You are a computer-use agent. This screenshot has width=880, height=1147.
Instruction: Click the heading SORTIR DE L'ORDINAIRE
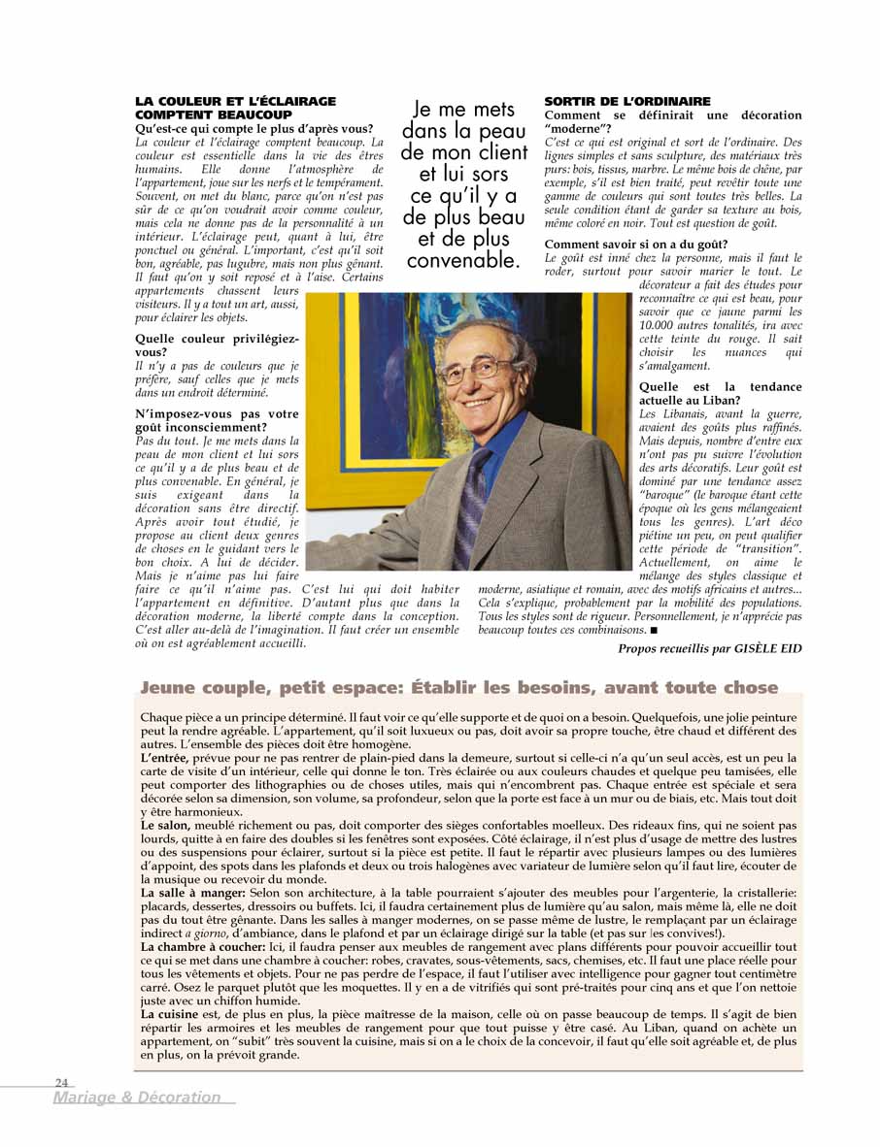pyautogui.click(x=626, y=101)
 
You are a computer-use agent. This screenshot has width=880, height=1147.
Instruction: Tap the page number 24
pyautogui.click(x=61, y=1082)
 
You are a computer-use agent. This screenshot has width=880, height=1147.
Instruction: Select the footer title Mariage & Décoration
pyautogui.click(x=137, y=1098)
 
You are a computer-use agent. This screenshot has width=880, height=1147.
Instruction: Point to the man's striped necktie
pyautogui.click(x=473, y=505)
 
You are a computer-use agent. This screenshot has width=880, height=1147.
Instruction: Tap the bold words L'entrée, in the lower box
pyautogui.click(x=165, y=758)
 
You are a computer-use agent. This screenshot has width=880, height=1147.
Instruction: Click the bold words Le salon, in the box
pyautogui.click(x=165, y=825)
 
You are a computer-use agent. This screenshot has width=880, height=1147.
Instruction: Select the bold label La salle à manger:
pyautogui.click(x=193, y=892)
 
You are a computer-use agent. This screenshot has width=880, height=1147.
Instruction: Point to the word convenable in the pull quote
pyautogui.click(x=462, y=261)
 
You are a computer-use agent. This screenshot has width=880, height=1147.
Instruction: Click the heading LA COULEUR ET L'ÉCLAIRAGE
pyautogui.click(x=235, y=101)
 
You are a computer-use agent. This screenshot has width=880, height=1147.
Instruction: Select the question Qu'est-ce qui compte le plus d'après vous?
pyautogui.click(x=254, y=128)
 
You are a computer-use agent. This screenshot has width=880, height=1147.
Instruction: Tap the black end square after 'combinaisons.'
pyautogui.click(x=654, y=630)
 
